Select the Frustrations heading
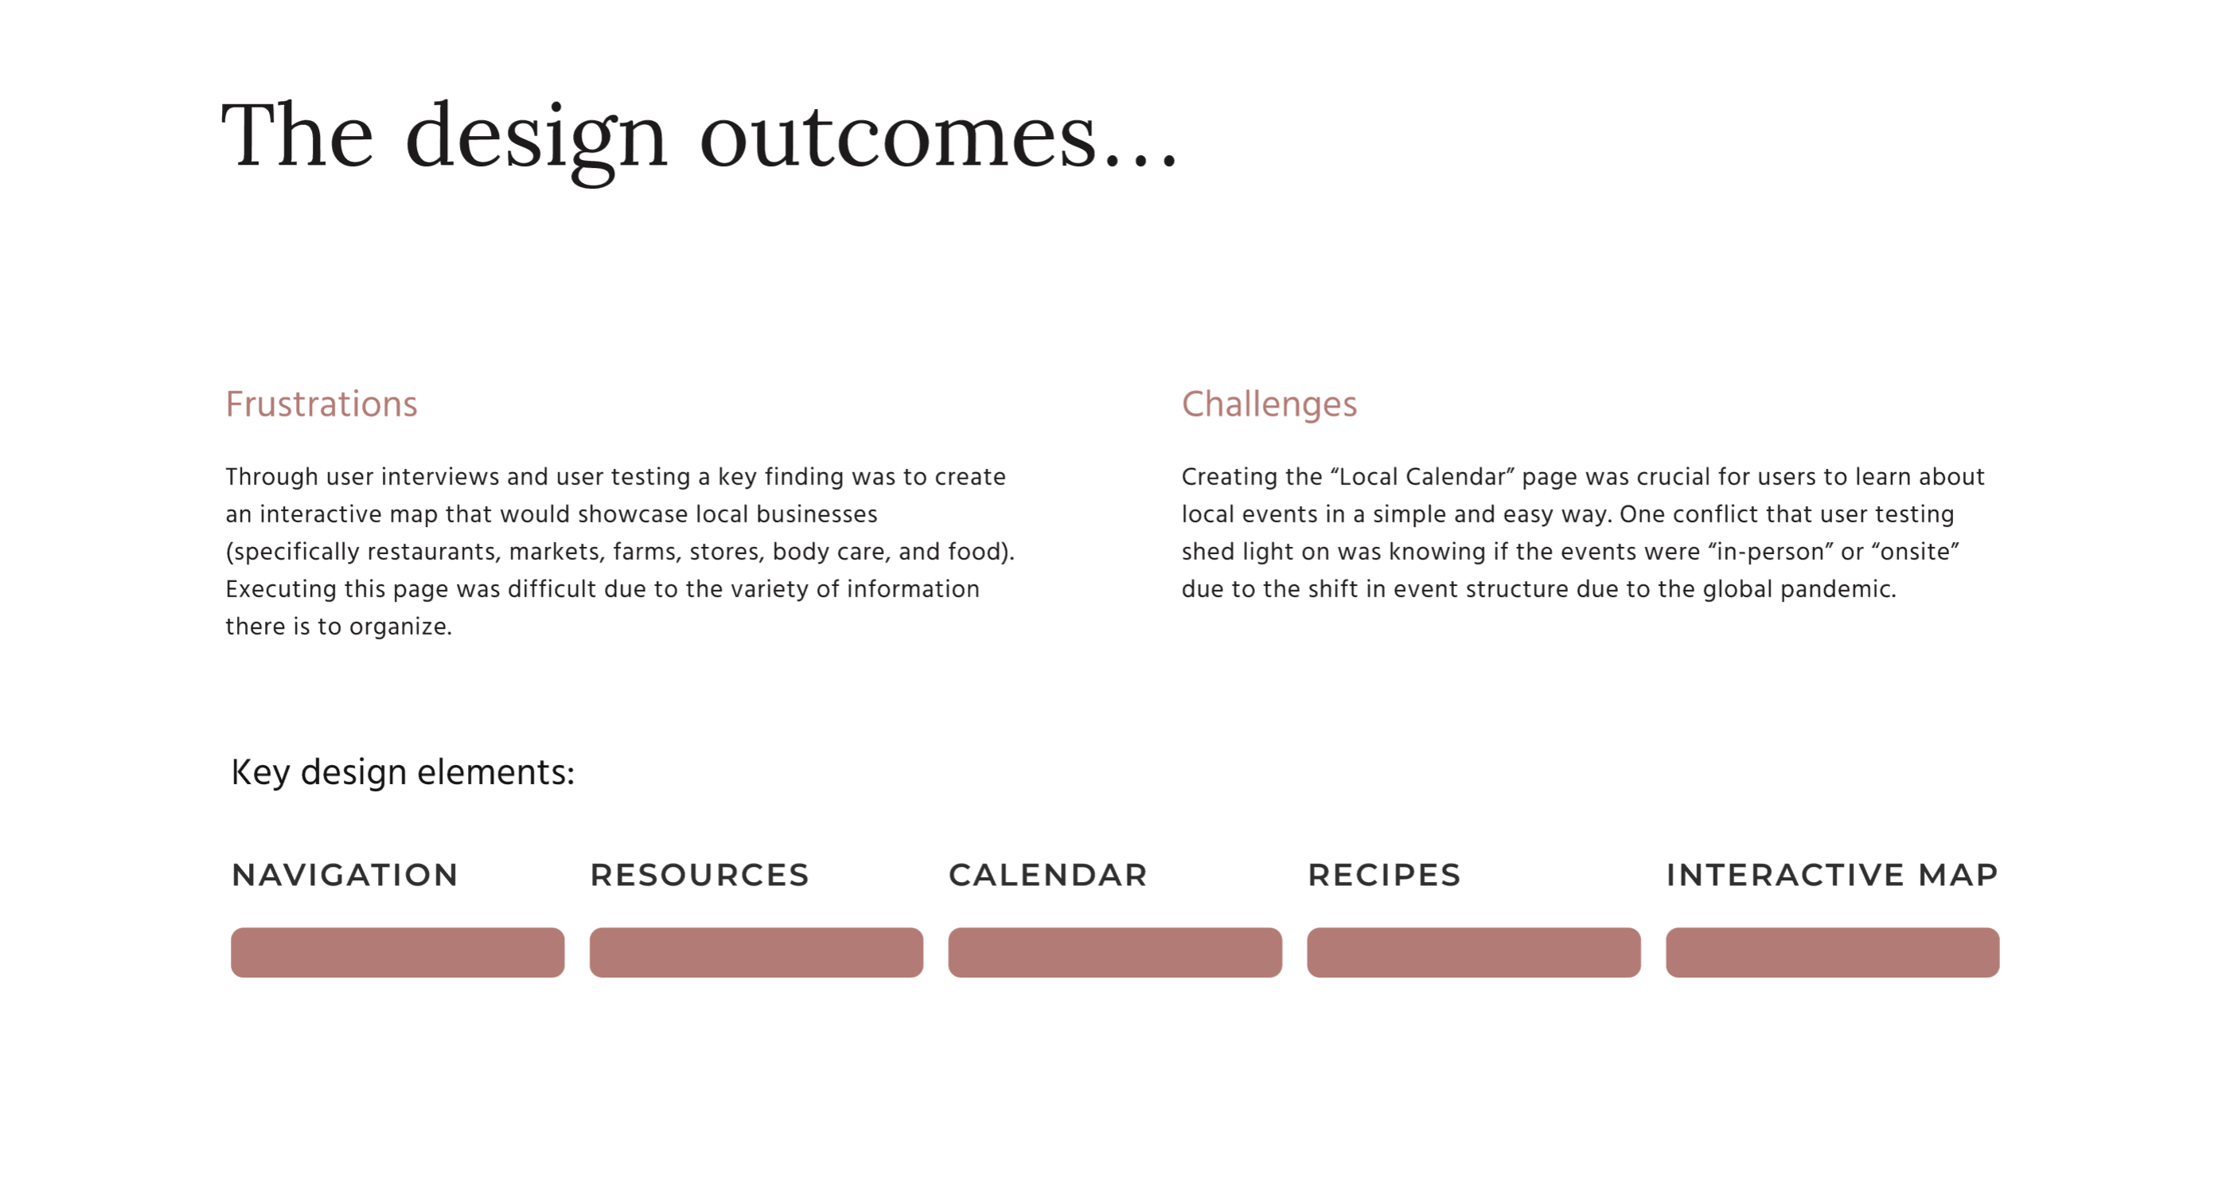322,404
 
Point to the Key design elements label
404,773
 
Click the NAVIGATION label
345,874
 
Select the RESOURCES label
700,874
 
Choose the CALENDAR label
1047,874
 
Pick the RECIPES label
1384,874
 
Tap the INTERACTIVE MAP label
1832,874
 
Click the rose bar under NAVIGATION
398,953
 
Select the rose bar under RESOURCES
757,953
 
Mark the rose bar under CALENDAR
1116,953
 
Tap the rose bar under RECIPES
1474,953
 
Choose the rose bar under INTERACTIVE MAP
1833,953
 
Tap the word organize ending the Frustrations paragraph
400,627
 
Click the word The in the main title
297,135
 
